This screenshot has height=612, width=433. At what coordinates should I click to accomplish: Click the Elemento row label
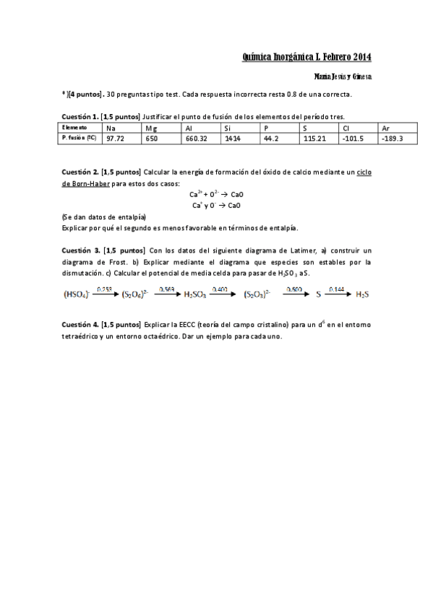(74, 128)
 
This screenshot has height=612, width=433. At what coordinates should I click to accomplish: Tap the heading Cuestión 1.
(79, 116)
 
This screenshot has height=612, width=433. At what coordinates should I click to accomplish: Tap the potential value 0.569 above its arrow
(166, 289)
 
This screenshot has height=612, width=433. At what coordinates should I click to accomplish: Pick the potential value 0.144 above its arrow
(336, 289)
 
